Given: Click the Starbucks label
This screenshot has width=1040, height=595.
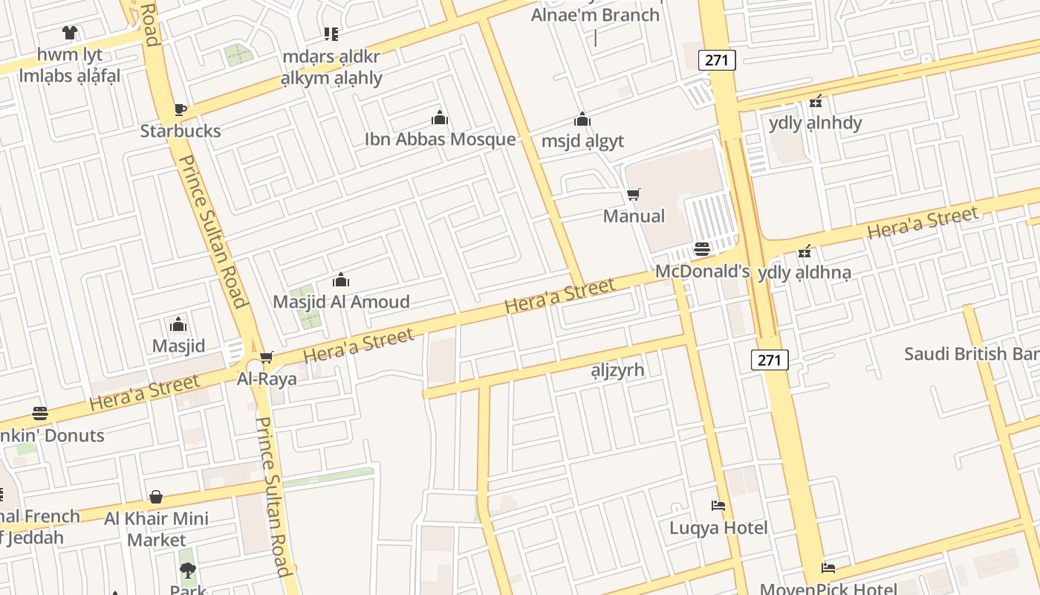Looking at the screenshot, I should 181,131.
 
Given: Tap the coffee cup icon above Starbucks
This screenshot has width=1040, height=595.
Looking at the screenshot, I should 180,110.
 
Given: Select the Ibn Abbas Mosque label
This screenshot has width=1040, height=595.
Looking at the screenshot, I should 440,139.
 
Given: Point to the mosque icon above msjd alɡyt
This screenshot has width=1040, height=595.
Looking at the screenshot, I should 582,119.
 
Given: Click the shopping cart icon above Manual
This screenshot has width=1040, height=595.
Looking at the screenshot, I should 634,195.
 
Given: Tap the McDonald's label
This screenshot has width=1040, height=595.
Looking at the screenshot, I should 702,271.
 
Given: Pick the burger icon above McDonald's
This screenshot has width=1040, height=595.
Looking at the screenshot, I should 702,248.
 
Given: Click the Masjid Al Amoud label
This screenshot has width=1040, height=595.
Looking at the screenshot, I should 341,301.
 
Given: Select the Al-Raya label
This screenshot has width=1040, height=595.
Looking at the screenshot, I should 267,379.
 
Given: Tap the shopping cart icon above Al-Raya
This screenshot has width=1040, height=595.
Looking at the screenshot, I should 267,357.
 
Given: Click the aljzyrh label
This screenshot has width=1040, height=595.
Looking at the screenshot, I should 617,370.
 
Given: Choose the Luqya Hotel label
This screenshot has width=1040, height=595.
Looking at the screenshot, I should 718,528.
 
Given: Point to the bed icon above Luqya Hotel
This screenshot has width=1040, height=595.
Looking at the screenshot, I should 718,506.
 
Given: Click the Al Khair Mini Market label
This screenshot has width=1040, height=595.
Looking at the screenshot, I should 156,528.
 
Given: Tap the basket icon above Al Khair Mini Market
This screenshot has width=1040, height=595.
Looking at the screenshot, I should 156,497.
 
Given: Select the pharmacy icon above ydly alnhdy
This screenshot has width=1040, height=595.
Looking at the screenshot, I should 816,101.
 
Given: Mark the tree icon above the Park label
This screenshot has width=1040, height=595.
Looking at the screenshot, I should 188,570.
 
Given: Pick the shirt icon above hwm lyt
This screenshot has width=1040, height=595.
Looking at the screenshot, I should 70,33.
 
